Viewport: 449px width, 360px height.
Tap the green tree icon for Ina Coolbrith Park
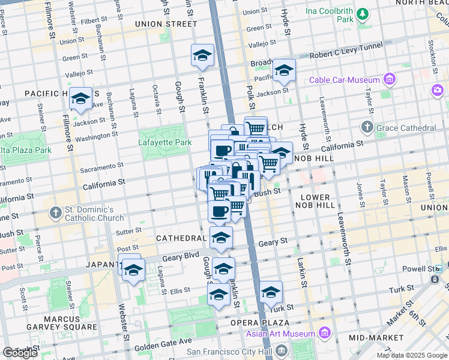tap(363, 14)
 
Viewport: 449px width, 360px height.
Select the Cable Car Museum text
tap(345, 80)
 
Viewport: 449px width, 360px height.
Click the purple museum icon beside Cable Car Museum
tap(390, 79)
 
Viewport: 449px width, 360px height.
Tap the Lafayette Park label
tap(165, 142)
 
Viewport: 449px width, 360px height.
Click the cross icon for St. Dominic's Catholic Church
tap(56, 212)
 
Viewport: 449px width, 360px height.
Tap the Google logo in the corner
tap(19, 353)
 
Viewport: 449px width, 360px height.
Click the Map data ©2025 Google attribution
tap(412, 355)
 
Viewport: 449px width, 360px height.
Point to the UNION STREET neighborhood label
tap(166, 24)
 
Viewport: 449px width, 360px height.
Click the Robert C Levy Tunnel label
tap(347, 53)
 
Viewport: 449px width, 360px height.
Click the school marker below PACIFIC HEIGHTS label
tap(80, 99)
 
